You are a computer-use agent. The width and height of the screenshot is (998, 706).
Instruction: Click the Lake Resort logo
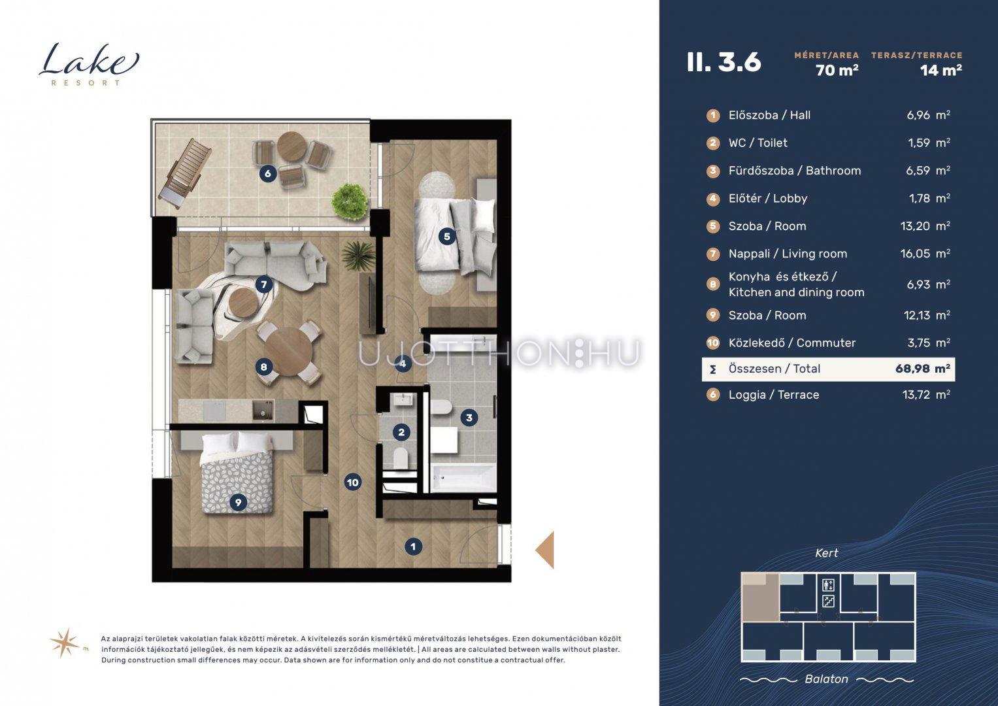[x=89, y=64]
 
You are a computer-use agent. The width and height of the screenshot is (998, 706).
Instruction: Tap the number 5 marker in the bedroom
[x=447, y=236]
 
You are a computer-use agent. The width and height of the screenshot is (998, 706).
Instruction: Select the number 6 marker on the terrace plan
[x=268, y=173]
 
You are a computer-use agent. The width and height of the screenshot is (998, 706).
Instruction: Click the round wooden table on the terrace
[x=292, y=146]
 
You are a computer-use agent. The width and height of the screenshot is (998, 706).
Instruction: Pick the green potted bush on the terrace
[x=350, y=201]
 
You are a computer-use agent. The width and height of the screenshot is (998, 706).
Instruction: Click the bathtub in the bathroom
[x=463, y=477]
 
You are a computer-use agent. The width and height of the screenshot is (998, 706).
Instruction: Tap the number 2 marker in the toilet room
[x=401, y=432]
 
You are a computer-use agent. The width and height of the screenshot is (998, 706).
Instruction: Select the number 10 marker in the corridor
[x=352, y=482]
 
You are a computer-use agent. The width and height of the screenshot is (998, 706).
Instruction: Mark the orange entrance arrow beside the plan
[x=544, y=550]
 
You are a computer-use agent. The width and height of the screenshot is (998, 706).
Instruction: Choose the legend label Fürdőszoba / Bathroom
[x=794, y=170]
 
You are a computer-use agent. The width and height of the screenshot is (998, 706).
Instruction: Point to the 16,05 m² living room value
[x=925, y=254]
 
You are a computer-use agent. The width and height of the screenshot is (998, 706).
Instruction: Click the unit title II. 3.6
[x=724, y=62]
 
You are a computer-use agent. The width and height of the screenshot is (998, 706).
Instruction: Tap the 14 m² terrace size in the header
[x=941, y=70]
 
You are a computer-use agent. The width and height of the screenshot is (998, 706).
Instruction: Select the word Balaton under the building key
[x=827, y=679]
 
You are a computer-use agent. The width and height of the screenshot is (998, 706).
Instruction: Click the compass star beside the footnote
[x=65, y=643]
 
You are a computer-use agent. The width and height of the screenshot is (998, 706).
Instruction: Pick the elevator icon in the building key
[x=828, y=585]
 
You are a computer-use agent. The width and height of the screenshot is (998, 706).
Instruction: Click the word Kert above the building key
[x=827, y=553]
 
